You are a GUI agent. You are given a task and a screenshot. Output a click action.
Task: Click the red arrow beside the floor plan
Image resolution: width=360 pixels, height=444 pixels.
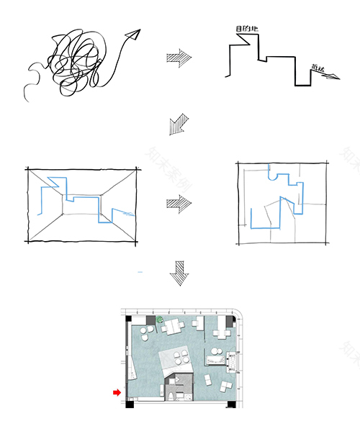point(115,392)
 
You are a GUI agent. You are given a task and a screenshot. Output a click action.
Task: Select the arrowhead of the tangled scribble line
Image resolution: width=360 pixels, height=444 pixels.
point(132,33)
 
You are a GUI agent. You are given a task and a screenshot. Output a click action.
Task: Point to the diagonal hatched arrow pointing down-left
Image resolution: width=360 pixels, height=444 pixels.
point(176,124)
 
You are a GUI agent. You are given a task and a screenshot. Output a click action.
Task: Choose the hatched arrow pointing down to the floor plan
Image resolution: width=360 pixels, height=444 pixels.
point(179,276)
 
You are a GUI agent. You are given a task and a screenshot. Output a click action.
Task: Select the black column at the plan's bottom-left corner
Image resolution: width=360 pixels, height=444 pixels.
point(129,404)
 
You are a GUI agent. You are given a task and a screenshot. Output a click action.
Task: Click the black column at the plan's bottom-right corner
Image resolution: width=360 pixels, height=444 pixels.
point(231,404)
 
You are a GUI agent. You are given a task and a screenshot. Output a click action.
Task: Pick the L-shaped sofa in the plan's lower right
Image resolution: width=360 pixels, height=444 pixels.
point(224,385)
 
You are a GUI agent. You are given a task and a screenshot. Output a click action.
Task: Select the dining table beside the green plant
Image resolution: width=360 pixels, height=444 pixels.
point(174,328)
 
